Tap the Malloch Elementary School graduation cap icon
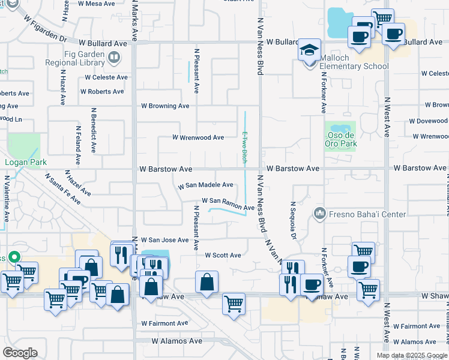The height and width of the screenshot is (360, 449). (310, 49)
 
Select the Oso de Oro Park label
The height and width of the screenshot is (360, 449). (341, 144)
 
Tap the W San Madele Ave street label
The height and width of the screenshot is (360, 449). (206, 186)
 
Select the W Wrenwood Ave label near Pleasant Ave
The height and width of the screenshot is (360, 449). (198, 137)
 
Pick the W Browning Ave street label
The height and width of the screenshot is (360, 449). (165, 106)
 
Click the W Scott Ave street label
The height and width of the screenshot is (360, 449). (223, 256)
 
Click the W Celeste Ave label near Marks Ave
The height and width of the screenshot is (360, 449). (106, 77)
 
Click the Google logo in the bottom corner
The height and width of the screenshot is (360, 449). (20, 353)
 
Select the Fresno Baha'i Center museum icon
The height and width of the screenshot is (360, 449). (319, 213)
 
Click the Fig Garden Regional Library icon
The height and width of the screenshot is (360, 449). (114, 58)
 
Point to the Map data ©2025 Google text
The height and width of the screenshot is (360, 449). (411, 355)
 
